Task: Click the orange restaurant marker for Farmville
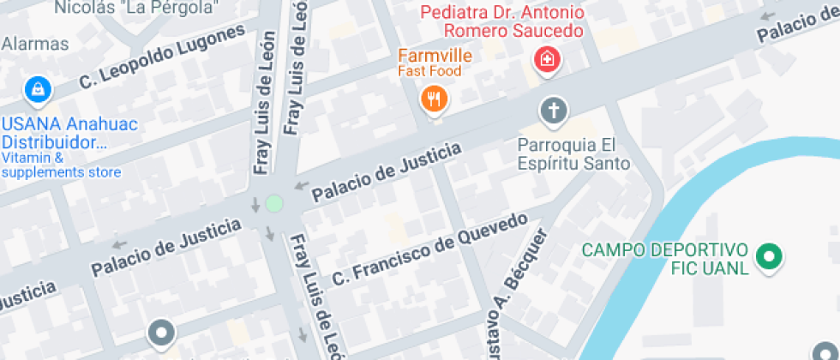pos(435,99)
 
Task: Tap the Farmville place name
pos(435,55)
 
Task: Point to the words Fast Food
pos(429,71)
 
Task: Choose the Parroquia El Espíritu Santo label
pos(573,154)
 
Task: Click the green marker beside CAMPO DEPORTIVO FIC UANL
pos(769,255)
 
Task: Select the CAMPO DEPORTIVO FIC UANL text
pos(664,259)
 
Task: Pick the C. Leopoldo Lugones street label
pos(163,57)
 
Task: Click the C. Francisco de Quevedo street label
pos(429,249)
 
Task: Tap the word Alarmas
pos(35,43)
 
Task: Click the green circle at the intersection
pos(273,203)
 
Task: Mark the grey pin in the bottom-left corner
pos(160,331)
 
